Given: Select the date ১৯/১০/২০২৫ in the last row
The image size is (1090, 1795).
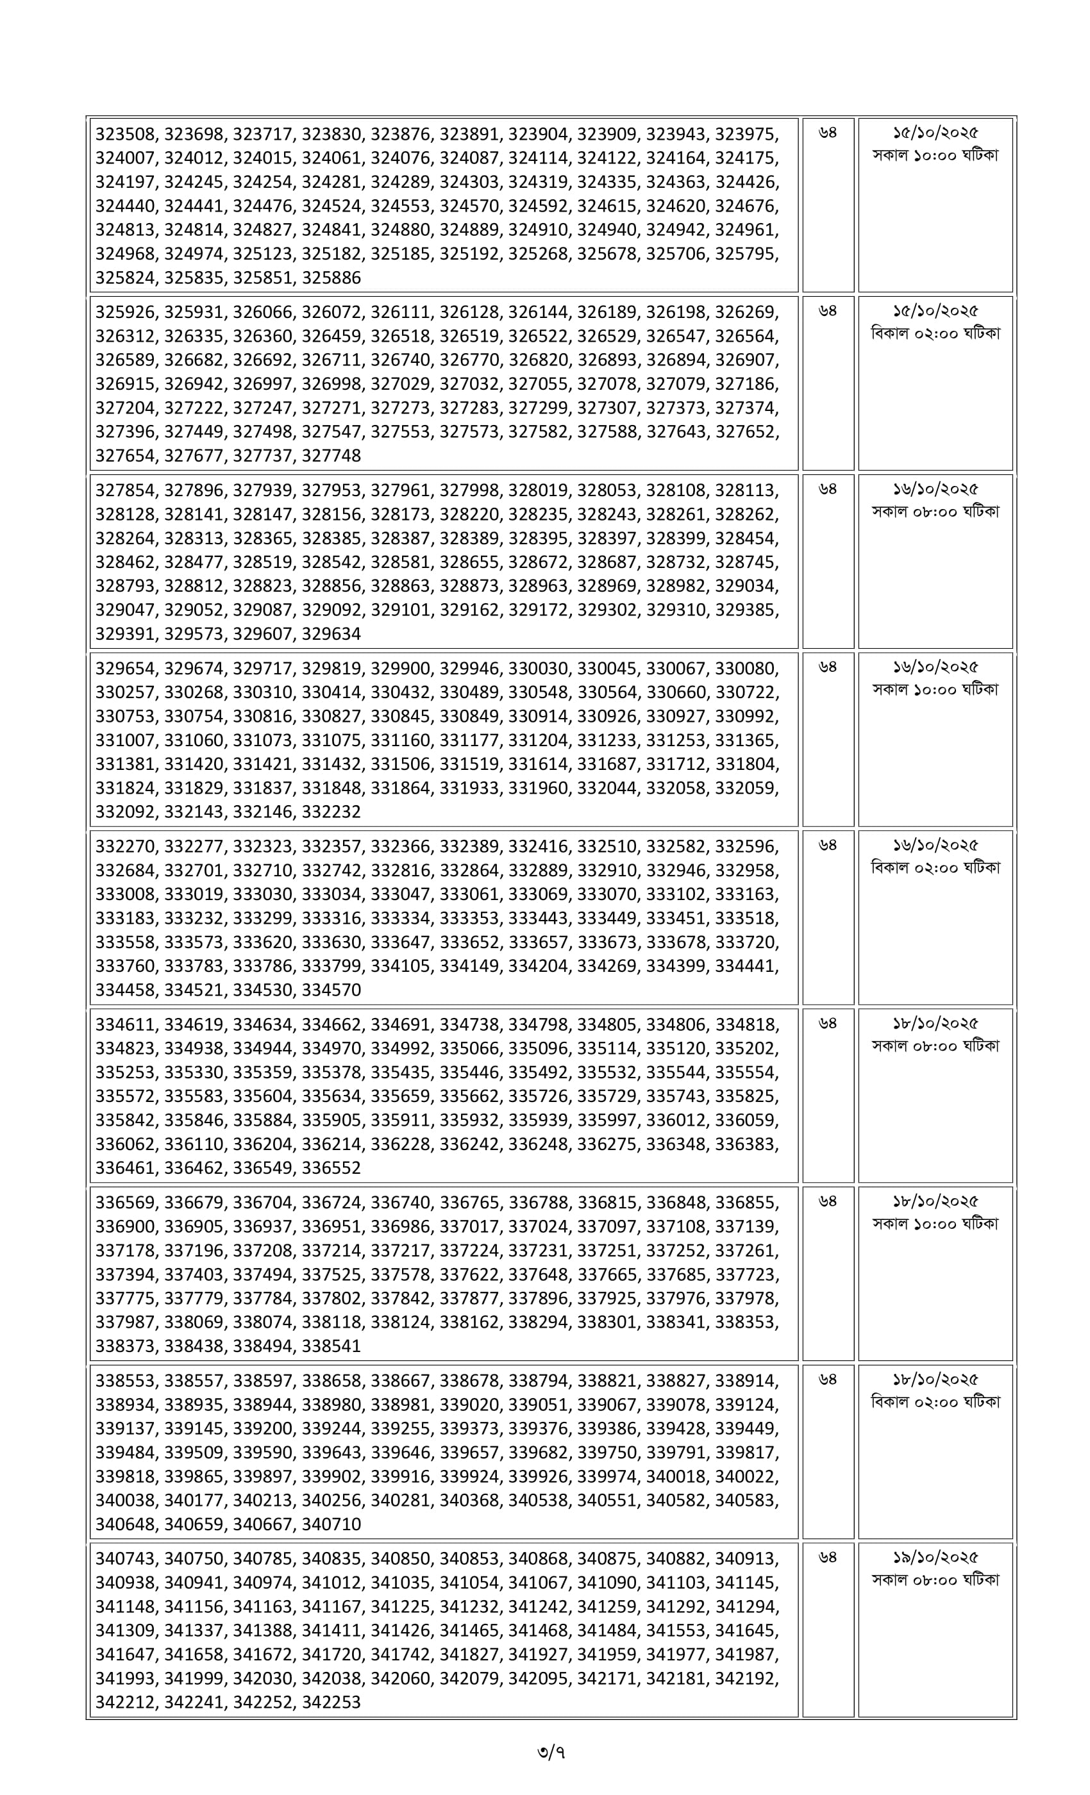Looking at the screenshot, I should (x=935, y=1558).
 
